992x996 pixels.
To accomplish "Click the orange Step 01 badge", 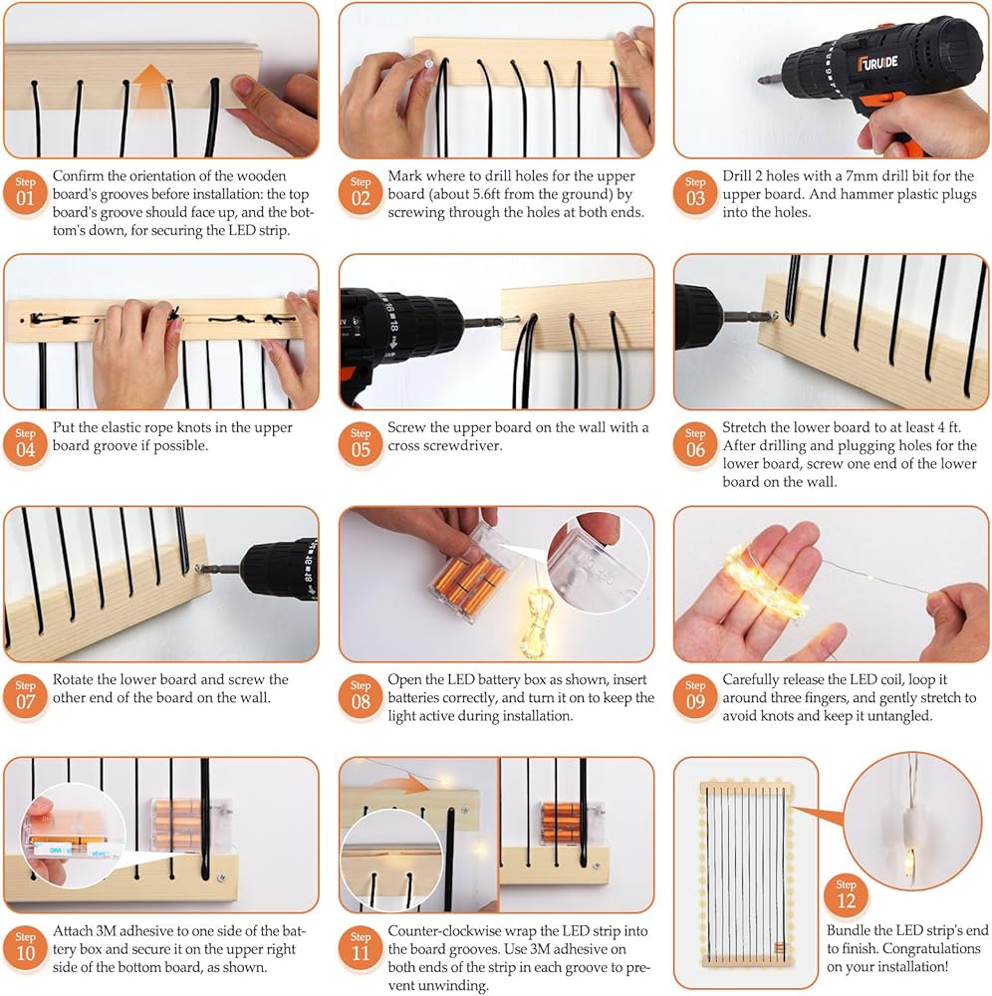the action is pyautogui.click(x=26, y=193).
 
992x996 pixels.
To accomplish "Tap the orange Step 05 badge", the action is pyautogui.click(x=361, y=444).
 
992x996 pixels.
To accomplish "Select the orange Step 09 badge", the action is pyautogui.click(x=695, y=696).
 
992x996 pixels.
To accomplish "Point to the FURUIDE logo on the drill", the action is pyautogui.click(x=877, y=63).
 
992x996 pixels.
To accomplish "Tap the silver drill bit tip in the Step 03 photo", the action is pyautogui.click(x=761, y=80).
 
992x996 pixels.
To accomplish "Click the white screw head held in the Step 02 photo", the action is pyautogui.click(x=428, y=64).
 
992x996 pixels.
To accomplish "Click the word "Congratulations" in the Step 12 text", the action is pyautogui.click(x=931, y=949).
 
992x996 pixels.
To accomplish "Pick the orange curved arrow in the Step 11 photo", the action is pyautogui.click(x=397, y=781).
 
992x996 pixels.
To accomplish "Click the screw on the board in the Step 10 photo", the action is pyautogui.click(x=222, y=877).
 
